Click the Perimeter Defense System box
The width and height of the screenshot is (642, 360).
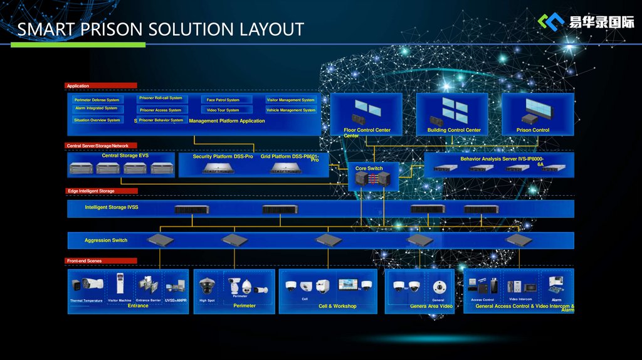coord(97,100)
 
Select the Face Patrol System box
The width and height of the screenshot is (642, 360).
coord(223,100)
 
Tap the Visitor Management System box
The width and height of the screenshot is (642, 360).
coord(291,100)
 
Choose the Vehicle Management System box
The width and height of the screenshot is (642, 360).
coord(291,110)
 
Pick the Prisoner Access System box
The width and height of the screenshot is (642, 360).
coord(161,110)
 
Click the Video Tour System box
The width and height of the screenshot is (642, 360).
coord(223,110)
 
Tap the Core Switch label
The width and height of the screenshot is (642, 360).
coord(369,168)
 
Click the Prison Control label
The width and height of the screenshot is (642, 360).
coord(533,130)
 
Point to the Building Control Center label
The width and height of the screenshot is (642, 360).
coord(454,130)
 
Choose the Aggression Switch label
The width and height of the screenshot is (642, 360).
coord(106,240)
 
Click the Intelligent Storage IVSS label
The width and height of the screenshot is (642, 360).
coord(112,207)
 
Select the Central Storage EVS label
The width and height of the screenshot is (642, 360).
coord(125,156)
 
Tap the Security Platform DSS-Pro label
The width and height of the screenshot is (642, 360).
coord(223,157)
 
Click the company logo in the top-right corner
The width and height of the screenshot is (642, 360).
coord(586,22)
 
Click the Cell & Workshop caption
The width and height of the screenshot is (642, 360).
coord(337,306)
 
